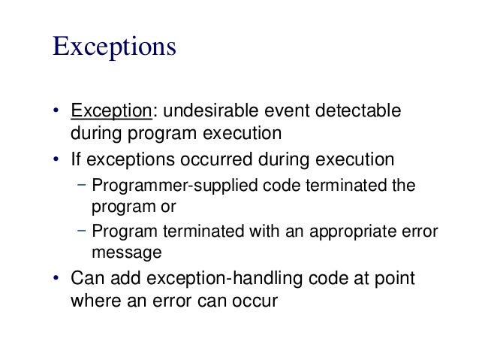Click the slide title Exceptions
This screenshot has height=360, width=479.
[x=114, y=46]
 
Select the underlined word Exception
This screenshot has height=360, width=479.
[x=111, y=111]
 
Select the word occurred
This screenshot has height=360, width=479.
[x=213, y=159]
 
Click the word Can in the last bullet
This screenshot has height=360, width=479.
[x=86, y=279]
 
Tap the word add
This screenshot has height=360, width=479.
[x=119, y=279]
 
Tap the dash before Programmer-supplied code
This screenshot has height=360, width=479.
[x=80, y=184]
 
